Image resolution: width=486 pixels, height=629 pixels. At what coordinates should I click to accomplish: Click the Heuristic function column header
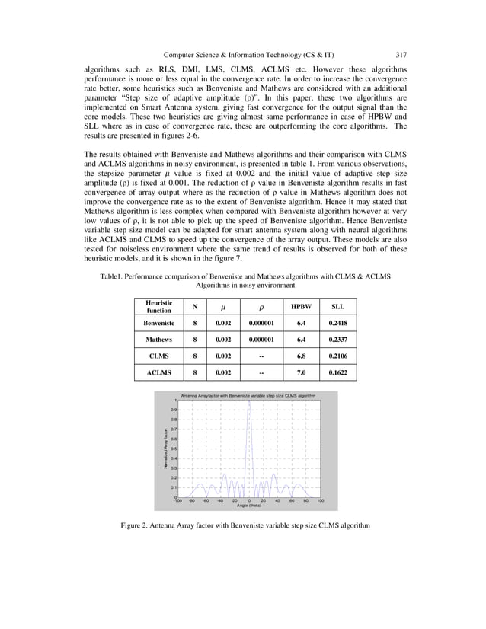tap(159, 307)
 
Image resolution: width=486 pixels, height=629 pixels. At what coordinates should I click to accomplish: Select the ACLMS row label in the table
tap(159, 373)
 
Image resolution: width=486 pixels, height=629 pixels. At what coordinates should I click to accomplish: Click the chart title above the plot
tap(248, 396)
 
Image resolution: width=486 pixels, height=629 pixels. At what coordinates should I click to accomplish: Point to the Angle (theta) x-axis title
tap(248, 506)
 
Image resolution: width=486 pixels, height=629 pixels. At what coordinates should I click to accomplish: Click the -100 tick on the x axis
tap(177, 501)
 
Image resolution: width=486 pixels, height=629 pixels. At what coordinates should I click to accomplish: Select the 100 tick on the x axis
tap(320, 501)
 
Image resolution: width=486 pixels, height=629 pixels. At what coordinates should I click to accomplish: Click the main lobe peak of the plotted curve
tap(249, 401)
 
